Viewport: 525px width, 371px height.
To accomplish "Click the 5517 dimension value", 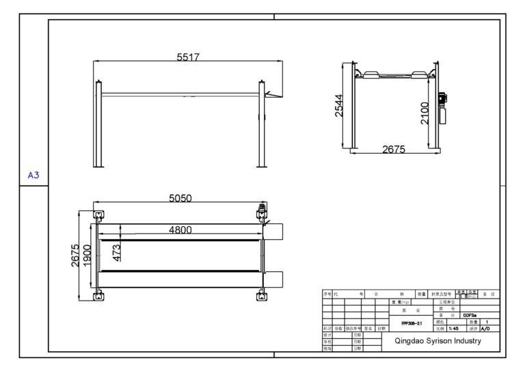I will pos(187,58).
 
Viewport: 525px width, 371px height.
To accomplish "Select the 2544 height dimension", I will pos(339,105).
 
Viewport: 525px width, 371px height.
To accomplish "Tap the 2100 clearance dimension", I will pos(424,113).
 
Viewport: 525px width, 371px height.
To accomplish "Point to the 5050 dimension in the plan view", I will pos(180,198).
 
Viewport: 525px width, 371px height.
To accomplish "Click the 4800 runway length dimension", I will pos(180,230).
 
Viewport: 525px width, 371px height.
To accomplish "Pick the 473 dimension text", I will pos(117,253).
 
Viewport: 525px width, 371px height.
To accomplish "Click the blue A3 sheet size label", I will pos(33,176).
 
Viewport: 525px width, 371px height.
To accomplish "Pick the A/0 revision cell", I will pos(485,328).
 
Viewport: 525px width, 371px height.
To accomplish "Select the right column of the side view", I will pos(261,123).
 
